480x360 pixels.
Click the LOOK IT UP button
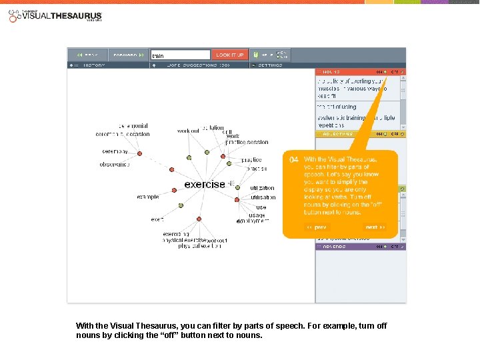[230, 55]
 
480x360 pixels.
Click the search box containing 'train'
[180, 55]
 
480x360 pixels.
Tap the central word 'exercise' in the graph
[205, 184]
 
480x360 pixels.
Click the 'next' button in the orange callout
[375, 227]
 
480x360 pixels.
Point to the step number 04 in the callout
[294, 160]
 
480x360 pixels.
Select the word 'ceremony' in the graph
[115, 151]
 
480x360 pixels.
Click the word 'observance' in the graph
[115, 164]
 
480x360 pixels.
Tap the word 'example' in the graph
[148, 197]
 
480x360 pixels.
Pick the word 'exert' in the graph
[157, 219]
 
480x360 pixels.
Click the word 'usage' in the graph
[257, 215]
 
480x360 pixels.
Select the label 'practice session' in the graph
[247, 142]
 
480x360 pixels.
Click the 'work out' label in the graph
[188, 131]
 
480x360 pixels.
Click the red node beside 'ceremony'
[140, 154]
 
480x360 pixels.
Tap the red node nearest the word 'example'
[174, 190]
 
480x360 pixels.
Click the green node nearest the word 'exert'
[181, 207]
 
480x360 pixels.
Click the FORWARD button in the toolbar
[127, 55]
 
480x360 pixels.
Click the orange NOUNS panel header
[347, 71]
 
